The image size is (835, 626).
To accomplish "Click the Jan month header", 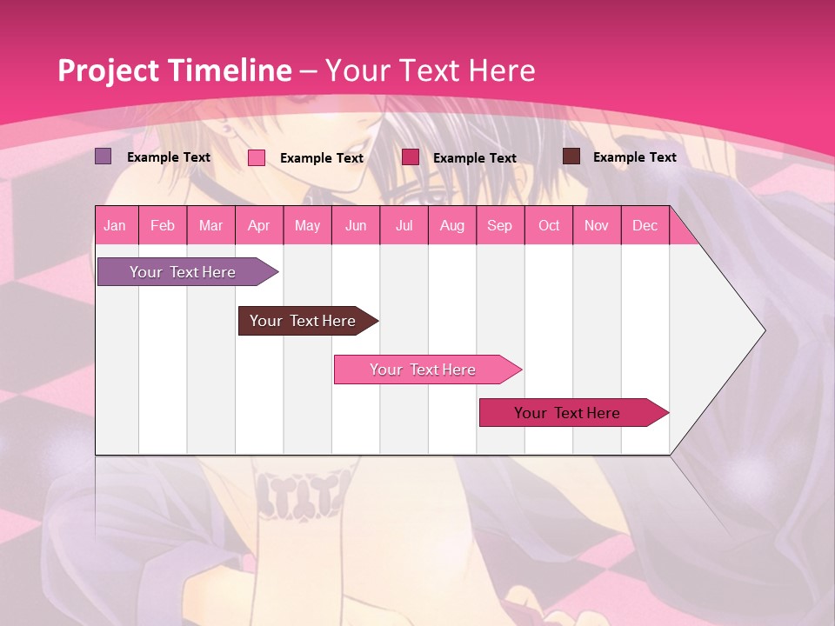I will [x=115, y=225].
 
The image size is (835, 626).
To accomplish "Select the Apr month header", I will [x=258, y=225].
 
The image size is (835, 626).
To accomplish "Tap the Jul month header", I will [x=404, y=225].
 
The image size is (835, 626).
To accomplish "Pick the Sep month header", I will [x=499, y=225].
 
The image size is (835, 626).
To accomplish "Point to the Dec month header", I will [x=645, y=225].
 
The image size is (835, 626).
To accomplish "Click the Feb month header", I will [x=163, y=225].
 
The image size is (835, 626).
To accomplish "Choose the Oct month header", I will [x=549, y=225].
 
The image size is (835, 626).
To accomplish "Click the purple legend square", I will [x=103, y=156].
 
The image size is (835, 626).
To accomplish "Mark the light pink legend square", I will [x=256, y=157].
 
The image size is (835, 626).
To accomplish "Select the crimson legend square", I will [x=411, y=156].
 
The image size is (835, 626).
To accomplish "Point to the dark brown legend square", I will [x=571, y=156].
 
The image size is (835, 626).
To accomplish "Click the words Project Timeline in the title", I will [x=174, y=70].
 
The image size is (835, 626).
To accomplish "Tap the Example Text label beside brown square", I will [x=634, y=157].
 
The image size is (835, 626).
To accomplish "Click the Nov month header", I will [x=597, y=225].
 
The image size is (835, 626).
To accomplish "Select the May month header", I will [x=307, y=225].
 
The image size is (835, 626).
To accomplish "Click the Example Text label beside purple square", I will [x=169, y=157].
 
